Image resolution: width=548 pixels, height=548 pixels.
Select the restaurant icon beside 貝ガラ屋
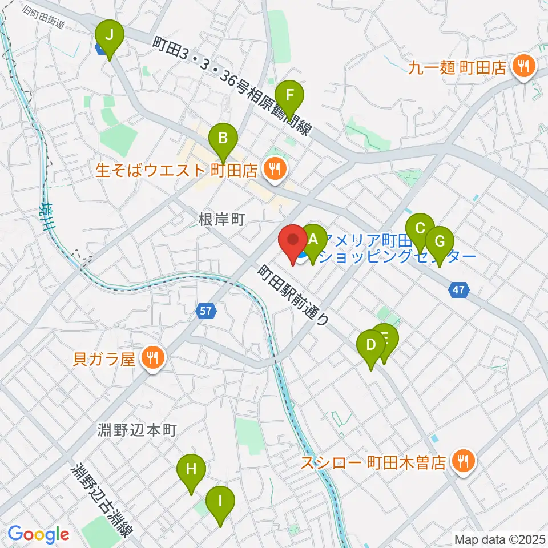[152, 358]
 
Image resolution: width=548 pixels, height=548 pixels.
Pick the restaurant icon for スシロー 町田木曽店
[461, 462]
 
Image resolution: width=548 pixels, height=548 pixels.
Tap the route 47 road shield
[460, 291]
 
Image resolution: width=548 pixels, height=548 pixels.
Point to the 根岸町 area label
[221, 219]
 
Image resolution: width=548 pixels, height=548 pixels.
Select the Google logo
[38, 534]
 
